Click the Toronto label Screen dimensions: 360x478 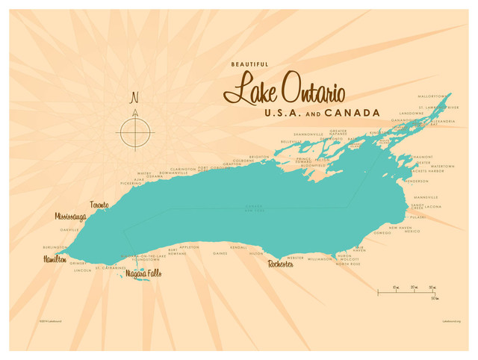(99, 205)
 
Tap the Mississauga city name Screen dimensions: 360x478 (70, 217)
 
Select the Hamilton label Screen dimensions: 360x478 (54, 258)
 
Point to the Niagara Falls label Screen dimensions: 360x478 (143, 273)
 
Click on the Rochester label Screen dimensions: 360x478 (281, 264)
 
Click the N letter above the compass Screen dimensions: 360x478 (134, 97)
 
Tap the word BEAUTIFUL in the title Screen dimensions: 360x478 (250, 64)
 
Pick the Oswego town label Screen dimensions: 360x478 (382, 232)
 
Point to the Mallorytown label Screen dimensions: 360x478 (435, 96)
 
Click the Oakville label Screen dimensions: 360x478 (69, 230)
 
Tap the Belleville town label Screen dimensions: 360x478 (291, 141)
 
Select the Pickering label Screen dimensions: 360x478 (130, 183)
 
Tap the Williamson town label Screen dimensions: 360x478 (319, 259)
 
